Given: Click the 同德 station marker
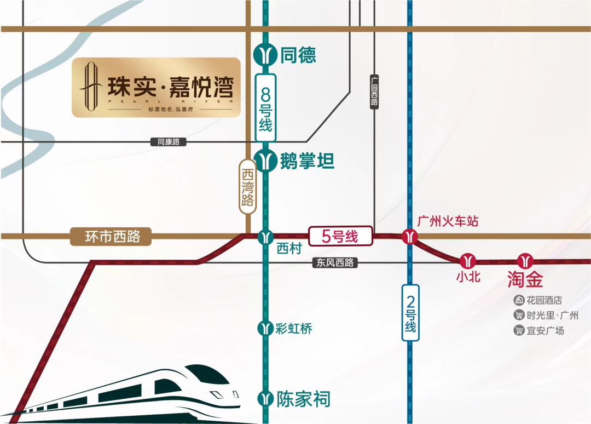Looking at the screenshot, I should tap(266, 55).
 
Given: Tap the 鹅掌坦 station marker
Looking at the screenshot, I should tap(266, 162).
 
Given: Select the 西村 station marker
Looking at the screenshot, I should tap(266, 237).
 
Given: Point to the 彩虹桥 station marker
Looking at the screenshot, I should tap(265, 328).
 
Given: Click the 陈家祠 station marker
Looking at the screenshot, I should tap(266, 398).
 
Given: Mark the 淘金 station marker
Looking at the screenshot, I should tap(525, 260).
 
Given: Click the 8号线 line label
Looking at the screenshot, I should tap(265, 108).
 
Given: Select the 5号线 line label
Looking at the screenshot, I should tap(340, 237).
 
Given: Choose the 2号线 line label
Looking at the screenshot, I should tap(410, 312).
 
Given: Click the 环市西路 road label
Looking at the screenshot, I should tap(110, 237).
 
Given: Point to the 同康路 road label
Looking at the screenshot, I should tap(169, 142).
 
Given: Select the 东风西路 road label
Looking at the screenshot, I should tap(335, 263).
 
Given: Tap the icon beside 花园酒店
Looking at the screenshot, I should tap(519, 300).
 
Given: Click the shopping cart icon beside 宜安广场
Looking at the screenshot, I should tap(519, 330).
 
